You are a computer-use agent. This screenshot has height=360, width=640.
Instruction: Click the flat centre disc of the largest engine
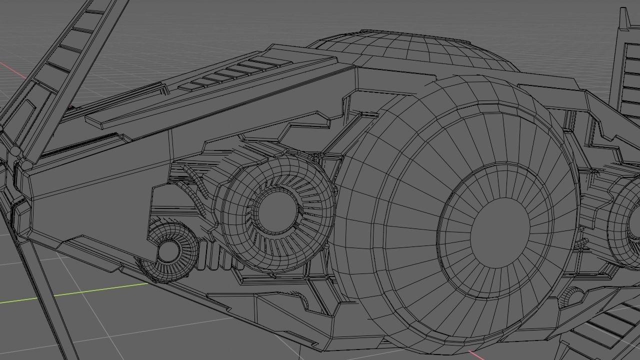click(500, 235)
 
